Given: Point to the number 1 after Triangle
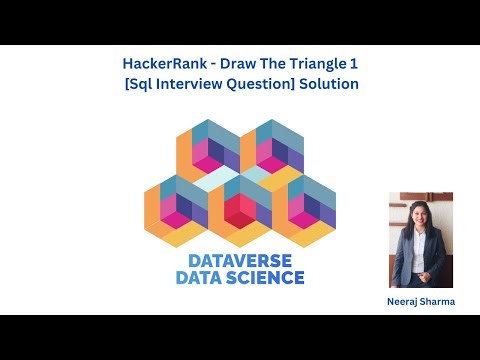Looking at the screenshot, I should click(x=355, y=64).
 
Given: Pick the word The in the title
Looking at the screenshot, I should click(x=270, y=64).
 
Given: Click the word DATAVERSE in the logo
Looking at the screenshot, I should click(x=240, y=259).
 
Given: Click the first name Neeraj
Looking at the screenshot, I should click(x=401, y=301).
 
